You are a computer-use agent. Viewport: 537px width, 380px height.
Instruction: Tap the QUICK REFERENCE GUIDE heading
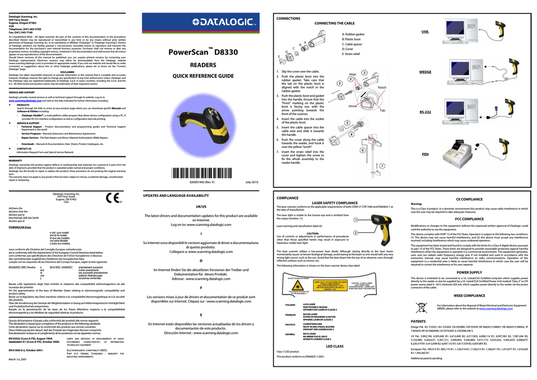pyautogui.click(x=203, y=77)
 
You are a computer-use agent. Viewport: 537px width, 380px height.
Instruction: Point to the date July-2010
pyautogui.click(x=252, y=182)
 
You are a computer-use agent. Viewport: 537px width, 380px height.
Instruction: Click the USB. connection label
pyautogui.click(x=425, y=32)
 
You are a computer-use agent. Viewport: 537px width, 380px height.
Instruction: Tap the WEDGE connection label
pyautogui.click(x=425, y=72)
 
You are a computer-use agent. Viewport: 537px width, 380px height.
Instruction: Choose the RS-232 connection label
pyautogui.click(x=425, y=112)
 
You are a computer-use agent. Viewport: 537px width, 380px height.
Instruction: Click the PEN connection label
pyautogui.click(x=425, y=154)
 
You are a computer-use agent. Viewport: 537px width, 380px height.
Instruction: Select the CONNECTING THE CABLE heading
pyautogui.click(x=334, y=24)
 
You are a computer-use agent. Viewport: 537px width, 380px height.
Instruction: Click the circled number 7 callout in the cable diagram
pyautogui.click(x=382, y=166)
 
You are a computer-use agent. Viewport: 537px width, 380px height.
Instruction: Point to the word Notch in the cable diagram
pyautogui.click(x=382, y=88)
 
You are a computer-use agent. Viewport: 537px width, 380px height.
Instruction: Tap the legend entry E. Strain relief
pyautogui.click(x=350, y=54)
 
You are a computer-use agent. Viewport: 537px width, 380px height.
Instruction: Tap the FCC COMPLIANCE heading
pyautogui.click(x=469, y=219)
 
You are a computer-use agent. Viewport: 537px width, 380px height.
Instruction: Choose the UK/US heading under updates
pyautogui.click(x=201, y=207)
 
